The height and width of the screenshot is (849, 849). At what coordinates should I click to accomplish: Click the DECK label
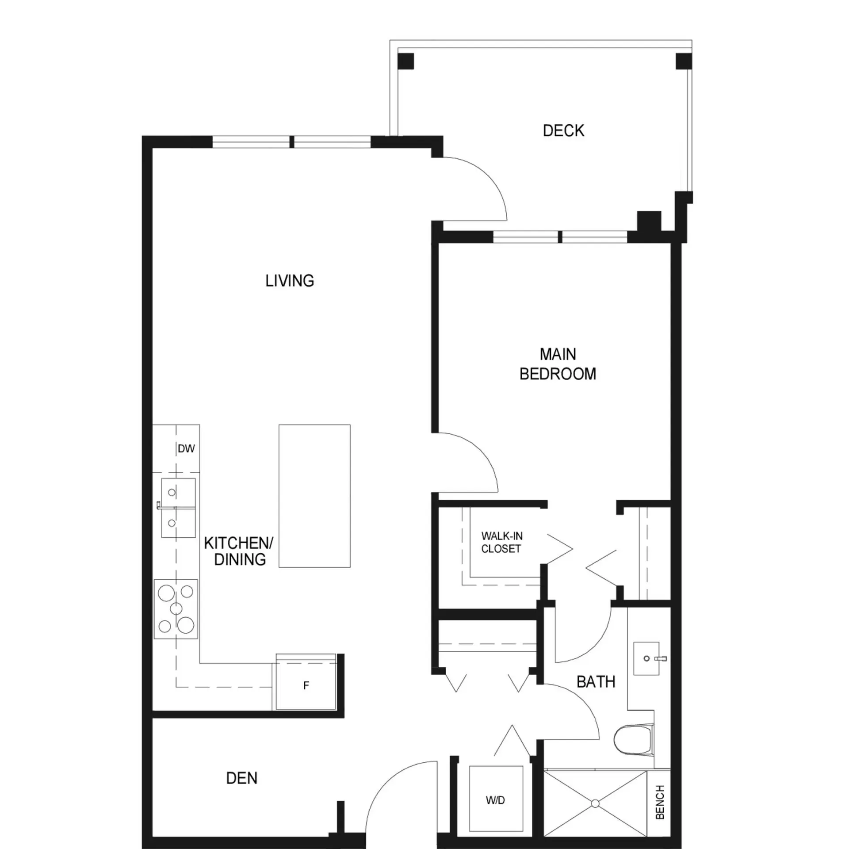point(563,130)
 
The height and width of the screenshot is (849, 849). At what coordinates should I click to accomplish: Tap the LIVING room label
point(290,281)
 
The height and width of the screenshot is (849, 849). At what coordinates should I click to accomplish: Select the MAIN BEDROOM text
point(558,364)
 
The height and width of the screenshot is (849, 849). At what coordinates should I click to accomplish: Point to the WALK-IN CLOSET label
point(501,542)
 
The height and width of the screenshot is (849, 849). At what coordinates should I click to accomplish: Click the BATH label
point(596,681)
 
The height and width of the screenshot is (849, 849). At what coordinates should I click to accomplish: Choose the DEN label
point(241,778)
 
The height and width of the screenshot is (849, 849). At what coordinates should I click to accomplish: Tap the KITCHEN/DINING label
point(239,551)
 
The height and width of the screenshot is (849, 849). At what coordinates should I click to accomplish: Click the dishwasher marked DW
point(186,448)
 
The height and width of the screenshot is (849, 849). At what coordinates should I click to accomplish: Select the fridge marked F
point(306,685)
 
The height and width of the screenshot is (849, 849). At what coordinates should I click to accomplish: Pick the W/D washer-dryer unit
point(496,799)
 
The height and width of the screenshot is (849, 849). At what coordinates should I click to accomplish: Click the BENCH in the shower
point(660,802)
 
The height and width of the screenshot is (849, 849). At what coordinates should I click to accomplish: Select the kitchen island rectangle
point(314,496)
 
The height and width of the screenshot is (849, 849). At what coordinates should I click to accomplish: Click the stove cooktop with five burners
point(176,609)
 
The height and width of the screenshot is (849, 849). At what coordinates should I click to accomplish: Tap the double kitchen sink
point(178,508)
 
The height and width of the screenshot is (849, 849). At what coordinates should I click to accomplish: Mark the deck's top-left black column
point(405,61)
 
